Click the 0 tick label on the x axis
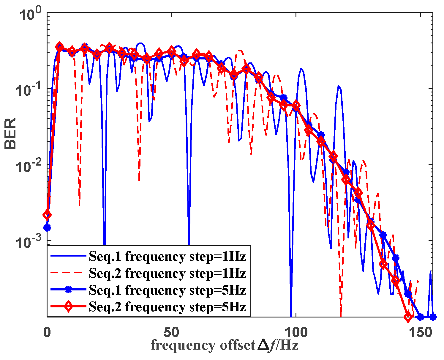pyautogui.click(x=47, y=332)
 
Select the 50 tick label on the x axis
pyautogui.click(x=171, y=332)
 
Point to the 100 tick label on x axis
pyautogui.click(x=296, y=332)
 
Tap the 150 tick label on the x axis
pyautogui.click(x=420, y=332)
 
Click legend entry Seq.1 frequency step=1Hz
pyautogui.click(x=167, y=256)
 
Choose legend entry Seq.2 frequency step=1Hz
pyautogui.click(x=167, y=273)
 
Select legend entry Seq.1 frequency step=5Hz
pyautogui.click(x=167, y=290)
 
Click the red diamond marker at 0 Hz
pyautogui.click(x=47, y=215)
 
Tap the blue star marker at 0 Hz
pyautogui.click(x=47, y=228)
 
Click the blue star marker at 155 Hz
pyautogui.click(x=433, y=317)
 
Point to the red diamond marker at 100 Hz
pyautogui.click(x=296, y=106)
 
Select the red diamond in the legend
pyautogui.click(x=68, y=306)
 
